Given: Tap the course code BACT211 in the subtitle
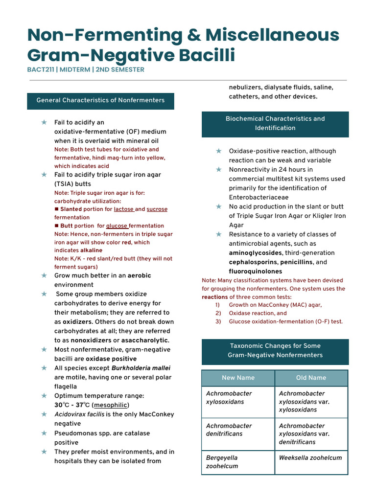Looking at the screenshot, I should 41,69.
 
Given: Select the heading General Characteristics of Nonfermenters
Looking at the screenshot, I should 100,100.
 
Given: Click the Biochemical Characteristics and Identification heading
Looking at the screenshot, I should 275,123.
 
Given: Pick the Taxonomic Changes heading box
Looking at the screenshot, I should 275,350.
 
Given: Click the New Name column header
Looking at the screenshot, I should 238,378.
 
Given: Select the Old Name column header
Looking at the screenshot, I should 311,378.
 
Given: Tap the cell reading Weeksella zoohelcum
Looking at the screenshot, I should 310,458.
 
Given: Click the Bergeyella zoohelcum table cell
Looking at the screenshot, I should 222,462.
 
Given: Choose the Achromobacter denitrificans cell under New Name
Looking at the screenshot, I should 229,430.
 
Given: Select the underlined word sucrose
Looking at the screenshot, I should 157,209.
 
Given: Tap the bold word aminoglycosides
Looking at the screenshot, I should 255,253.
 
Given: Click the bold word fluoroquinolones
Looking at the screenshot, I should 256,272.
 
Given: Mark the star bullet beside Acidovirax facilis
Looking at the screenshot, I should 45,414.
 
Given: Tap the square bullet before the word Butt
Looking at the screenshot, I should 56,226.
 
